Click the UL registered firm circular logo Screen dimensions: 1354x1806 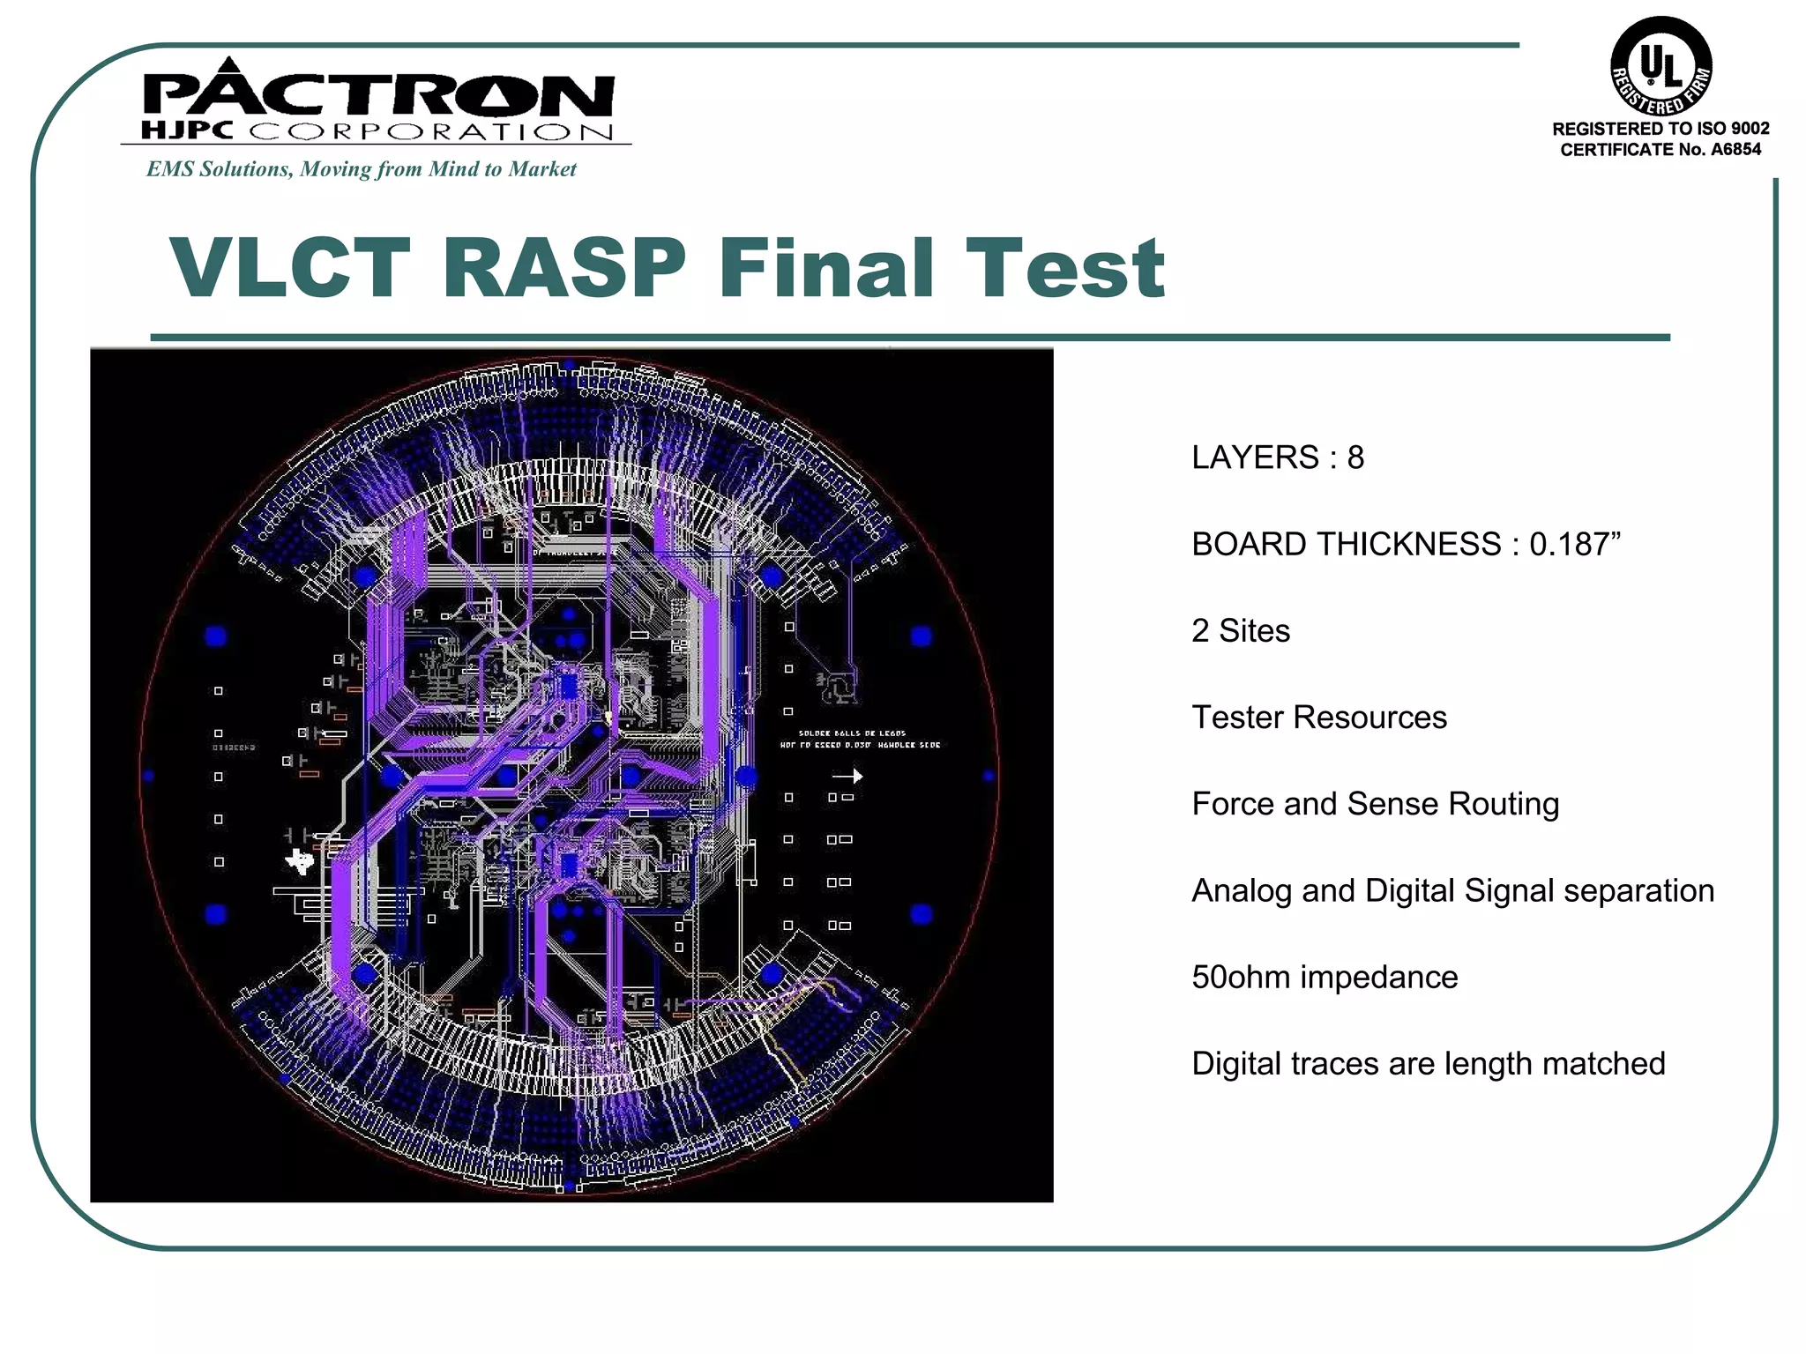[1660, 66]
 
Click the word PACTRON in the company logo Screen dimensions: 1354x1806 [377, 95]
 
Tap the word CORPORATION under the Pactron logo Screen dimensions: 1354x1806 [430, 132]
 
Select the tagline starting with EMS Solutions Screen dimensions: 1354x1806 [361, 169]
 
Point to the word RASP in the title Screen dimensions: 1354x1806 [564, 268]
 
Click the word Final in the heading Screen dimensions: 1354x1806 [826, 268]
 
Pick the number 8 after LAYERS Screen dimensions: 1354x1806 [1355, 458]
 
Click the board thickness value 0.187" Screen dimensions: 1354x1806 [1575, 544]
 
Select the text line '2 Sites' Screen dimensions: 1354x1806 [1240, 631]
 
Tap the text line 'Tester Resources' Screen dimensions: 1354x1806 [1318, 718]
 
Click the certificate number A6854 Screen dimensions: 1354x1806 [1735, 150]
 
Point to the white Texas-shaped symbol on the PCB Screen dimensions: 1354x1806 [300, 860]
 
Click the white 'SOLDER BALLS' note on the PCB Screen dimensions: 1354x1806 [852, 733]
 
